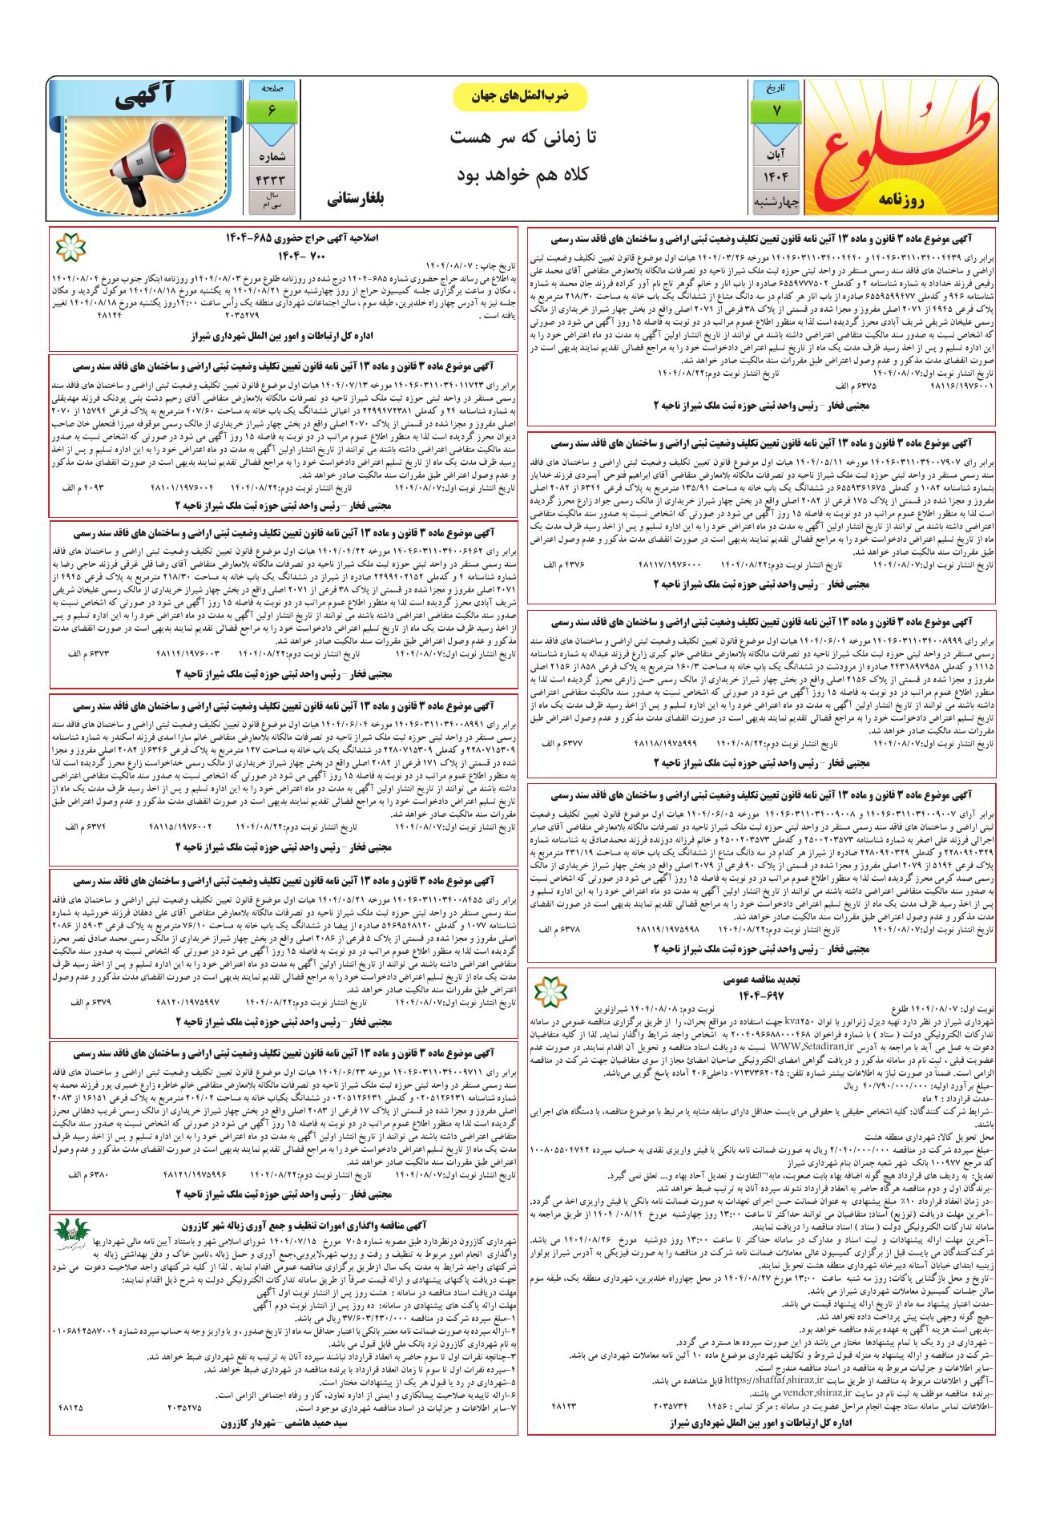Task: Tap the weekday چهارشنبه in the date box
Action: (776, 202)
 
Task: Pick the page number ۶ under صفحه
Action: (271, 111)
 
